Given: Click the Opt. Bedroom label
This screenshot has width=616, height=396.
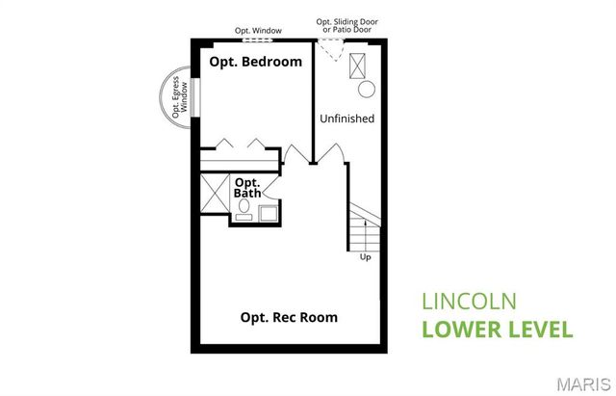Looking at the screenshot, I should click(256, 62).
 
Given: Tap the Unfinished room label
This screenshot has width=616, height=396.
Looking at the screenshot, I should click(346, 119).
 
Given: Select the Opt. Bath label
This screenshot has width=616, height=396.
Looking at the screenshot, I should click(247, 187).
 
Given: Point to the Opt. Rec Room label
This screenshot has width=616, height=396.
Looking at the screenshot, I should click(289, 317).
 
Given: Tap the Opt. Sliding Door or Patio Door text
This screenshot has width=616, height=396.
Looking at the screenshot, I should click(345, 25).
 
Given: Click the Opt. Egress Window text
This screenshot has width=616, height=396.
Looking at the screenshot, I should click(177, 96).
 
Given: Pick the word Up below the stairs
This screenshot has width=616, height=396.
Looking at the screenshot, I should click(365, 257).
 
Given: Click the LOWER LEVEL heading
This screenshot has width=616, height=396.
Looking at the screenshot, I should click(498, 329).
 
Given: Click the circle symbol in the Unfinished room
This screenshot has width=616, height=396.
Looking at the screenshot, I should click(366, 90).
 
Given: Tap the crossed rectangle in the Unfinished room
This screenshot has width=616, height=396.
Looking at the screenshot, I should click(362, 64).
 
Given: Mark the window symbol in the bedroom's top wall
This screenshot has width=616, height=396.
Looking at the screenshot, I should click(257, 40).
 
